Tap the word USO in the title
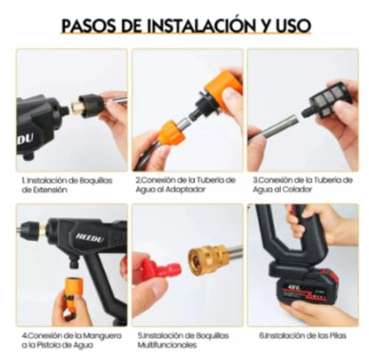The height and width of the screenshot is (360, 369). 293,26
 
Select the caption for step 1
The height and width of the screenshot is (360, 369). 67,184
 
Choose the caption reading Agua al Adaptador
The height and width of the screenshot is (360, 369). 170,190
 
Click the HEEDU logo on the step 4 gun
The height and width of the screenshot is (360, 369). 90,237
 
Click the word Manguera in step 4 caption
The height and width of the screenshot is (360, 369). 102,336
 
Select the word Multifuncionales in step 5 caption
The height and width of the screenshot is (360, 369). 167,345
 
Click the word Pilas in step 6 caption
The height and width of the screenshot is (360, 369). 337,336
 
